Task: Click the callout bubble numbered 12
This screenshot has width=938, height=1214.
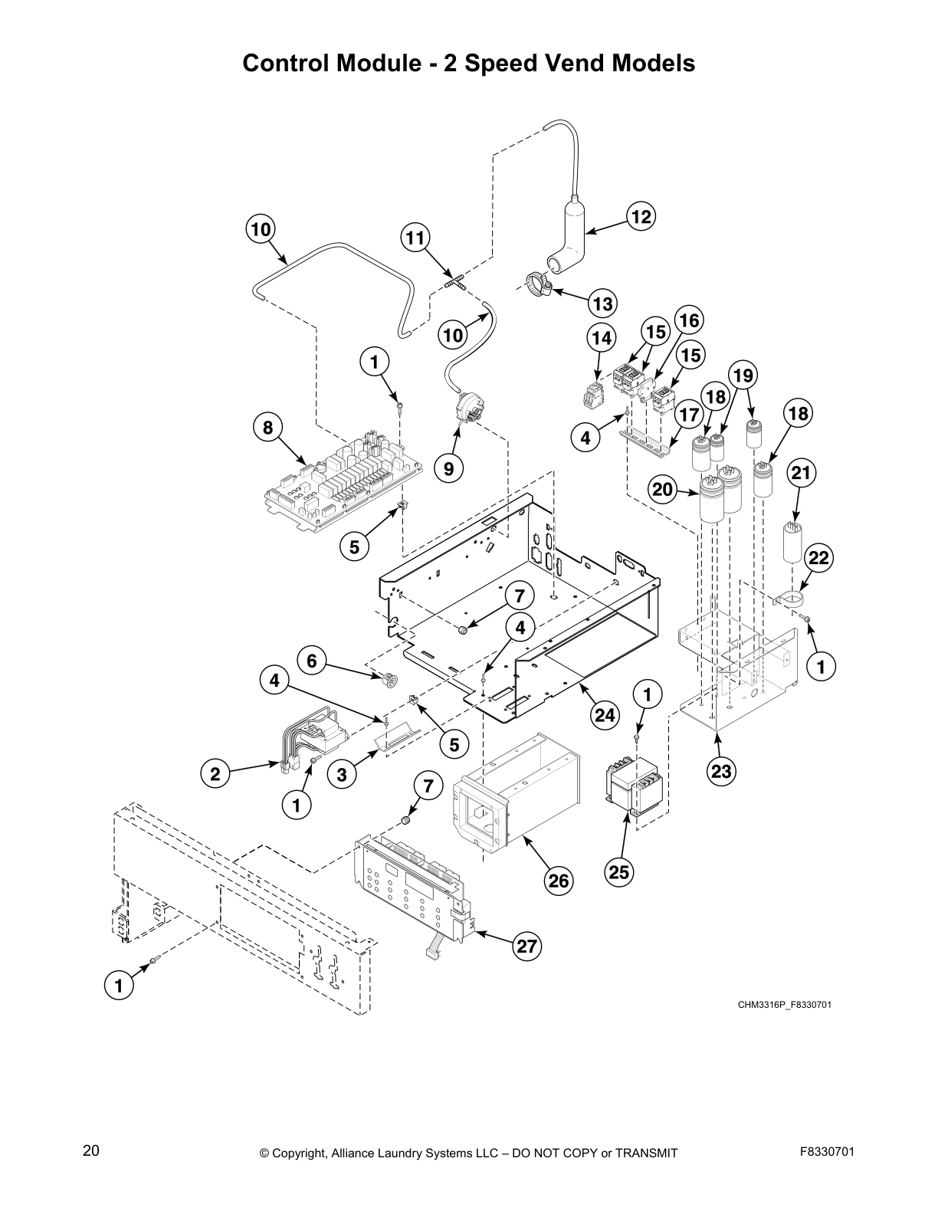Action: pyautogui.click(x=641, y=217)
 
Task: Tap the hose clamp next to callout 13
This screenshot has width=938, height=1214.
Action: pyautogui.click(x=538, y=287)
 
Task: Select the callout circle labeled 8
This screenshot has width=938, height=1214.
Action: pyautogui.click(x=267, y=428)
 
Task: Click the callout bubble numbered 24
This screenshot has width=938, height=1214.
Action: pyautogui.click(x=605, y=715)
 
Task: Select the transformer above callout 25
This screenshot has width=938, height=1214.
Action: pyautogui.click(x=633, y=788)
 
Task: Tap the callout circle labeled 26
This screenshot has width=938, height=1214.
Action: pyautogui.click(x=559, y=881)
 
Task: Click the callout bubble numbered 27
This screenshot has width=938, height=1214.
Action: pyautogui.click(x=526, y=946)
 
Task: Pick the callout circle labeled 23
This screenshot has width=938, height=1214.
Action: pyautogui.click(x=721, y=771)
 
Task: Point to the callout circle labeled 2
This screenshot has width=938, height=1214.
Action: pyautogui.click(x=215, y=774)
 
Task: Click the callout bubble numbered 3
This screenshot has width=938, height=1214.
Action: pyautogui.click(x=342, y=775)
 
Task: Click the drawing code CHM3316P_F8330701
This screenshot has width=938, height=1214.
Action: pyautogui.click(x=784, y=1004)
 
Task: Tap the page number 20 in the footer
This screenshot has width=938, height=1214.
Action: pyautogui.click(x=90, y=1150)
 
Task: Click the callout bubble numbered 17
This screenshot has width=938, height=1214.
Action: pyautogui.click(x=690, y=415)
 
